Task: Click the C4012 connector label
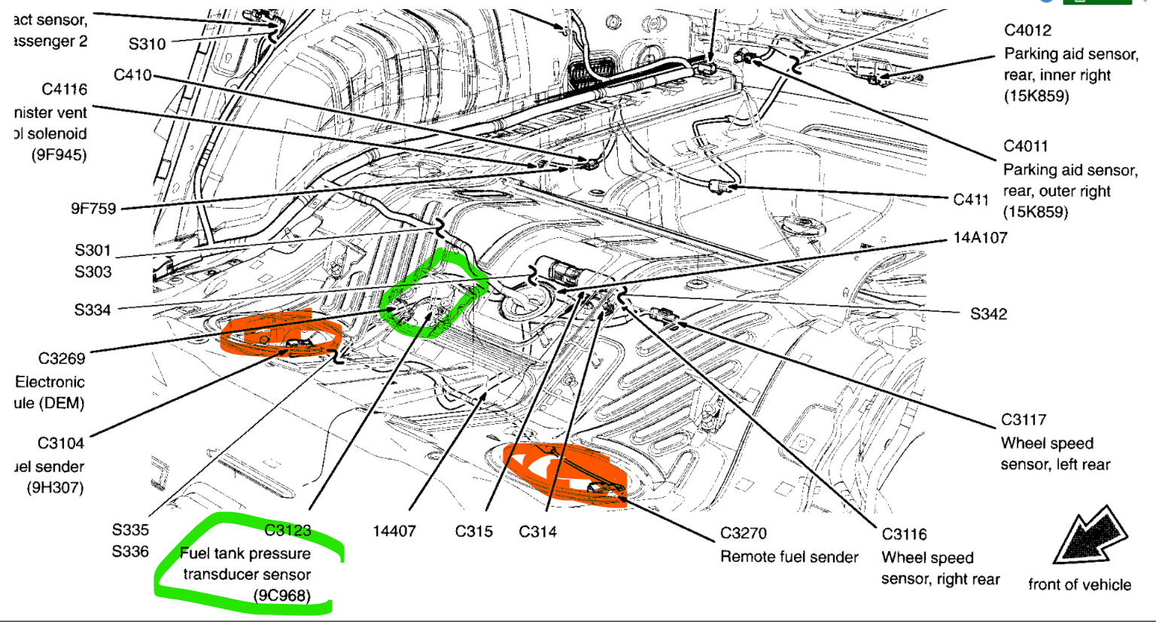point(1027,31)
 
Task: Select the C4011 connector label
point(1026,146)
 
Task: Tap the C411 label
point(971,200)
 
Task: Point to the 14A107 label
point(980,238)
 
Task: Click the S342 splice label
point(988,314)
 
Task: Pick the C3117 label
point(1024,420)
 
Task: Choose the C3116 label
point(905,535)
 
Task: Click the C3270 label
point(744,534)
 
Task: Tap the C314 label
point(538,532)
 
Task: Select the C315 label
point(474,532)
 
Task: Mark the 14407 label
point(394,532)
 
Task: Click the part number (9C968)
point(282,596)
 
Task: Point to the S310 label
point(147,44)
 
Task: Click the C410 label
point(132,75)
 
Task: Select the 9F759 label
point(93,209)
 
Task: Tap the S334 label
point(93,309)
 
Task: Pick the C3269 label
point(62,358)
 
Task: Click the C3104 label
point(61,444)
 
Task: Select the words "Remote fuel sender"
point(789,557)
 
